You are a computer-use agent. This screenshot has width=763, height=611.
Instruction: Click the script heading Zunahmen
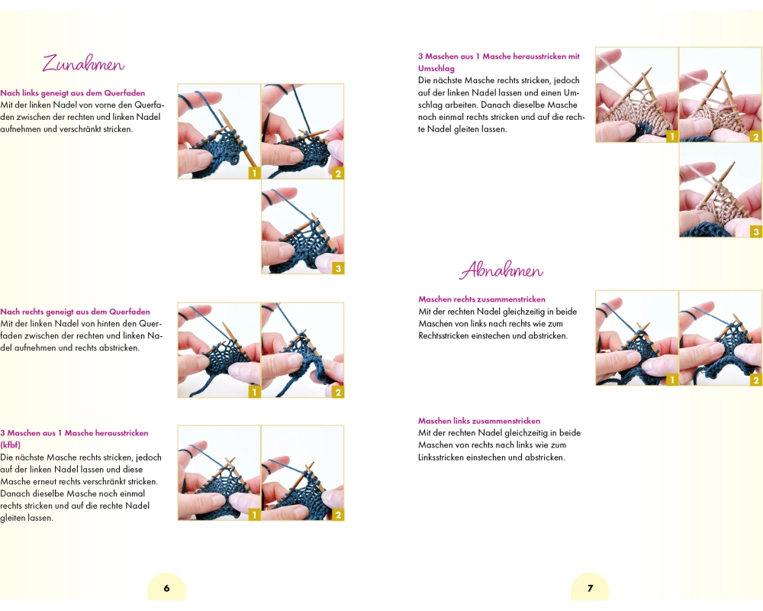(83, 64)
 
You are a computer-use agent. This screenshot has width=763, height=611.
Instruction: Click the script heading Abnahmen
(501, 270)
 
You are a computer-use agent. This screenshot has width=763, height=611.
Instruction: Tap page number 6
(166, 588)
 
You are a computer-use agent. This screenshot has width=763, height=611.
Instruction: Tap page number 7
(591, 588)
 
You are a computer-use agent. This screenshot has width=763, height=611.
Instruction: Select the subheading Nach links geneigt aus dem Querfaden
(72, 93)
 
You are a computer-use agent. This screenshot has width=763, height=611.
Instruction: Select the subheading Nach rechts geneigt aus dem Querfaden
(75, 312)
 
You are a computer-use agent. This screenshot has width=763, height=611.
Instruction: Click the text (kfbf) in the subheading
(10, 445)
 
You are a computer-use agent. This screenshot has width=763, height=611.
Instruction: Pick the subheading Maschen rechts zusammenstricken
(481, 299)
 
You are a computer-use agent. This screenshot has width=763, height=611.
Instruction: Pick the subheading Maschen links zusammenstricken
(479, 421)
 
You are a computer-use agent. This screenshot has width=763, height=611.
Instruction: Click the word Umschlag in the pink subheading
(436, 69)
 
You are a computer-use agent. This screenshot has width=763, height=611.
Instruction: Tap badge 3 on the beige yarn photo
(755, 231)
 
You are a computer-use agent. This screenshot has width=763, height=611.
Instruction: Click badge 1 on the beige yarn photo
(672, 137)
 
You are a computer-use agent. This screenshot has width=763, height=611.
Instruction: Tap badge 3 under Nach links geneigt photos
(338, 268)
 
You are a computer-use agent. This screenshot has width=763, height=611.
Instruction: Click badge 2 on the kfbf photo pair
(338, 515)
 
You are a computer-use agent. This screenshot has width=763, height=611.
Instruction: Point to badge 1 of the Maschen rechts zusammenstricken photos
(672, 380)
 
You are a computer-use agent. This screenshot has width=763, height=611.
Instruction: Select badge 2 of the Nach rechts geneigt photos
(338, 392)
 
